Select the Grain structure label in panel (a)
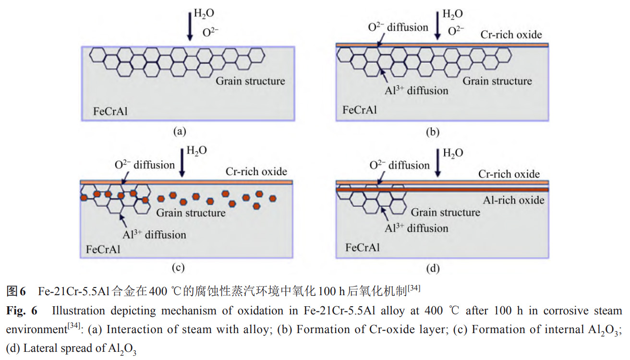(x=250, y=81)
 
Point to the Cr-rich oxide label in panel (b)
(x=511, y=34)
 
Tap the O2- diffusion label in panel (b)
(x=398, y=27)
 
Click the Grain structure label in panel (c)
(x=191, y=212)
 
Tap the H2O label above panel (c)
(x=196, y=150)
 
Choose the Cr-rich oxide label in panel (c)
(x=256, y=171)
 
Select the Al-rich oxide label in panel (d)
(x=514, y=200)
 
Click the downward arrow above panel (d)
(x=438, y=163)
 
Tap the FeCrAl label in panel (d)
(x=363, y=248)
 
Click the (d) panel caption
(x=433, y=268)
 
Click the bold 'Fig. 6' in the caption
(x=22, y=311)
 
